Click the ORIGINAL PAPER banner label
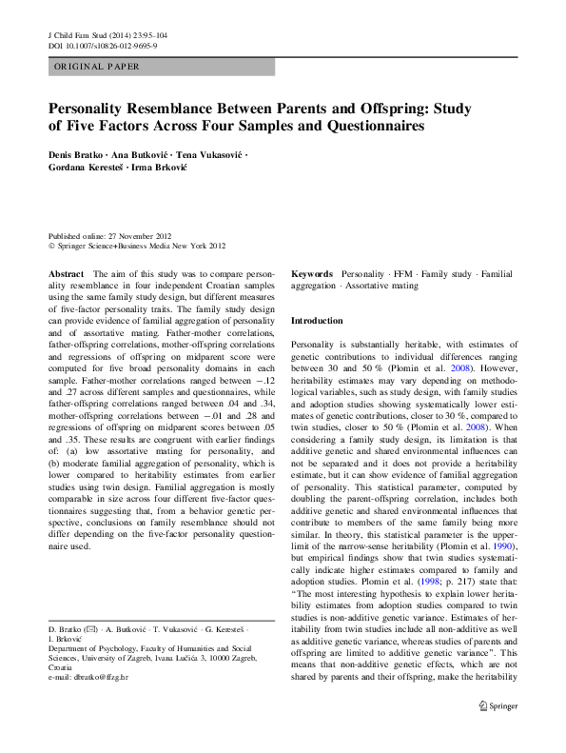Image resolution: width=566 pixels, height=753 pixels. click(97, 67)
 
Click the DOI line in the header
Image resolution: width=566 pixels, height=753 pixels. click(103, 46)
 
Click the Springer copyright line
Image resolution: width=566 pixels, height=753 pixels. click(137, 246)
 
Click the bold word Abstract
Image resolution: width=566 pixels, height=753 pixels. click(65, 273)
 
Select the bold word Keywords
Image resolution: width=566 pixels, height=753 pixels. click(311, 273)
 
